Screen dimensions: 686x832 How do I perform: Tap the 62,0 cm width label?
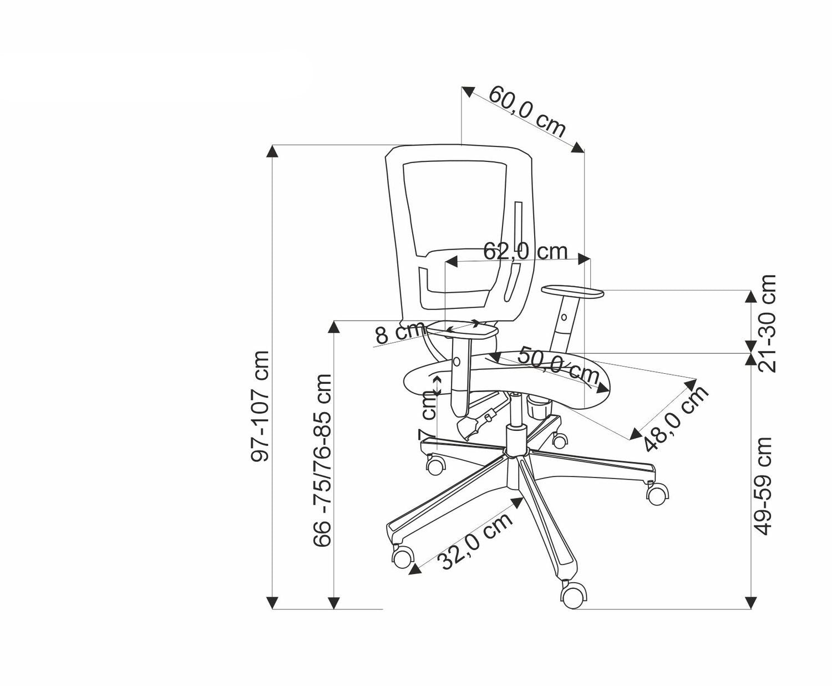525,251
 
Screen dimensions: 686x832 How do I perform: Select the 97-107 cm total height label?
260,406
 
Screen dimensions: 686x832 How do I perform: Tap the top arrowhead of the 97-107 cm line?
272,151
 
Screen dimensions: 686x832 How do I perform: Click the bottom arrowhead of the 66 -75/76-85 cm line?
333,603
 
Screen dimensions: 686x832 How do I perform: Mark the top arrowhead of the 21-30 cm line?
750,296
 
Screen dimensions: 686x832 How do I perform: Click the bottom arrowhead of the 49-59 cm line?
750,603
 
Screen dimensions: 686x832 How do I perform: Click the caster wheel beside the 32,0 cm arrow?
403,556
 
